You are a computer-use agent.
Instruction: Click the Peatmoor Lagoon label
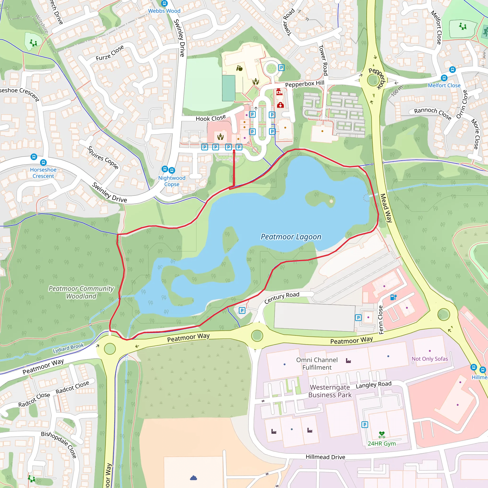(x=291, y=237)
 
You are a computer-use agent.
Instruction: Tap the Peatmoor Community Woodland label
(x=81, y=292)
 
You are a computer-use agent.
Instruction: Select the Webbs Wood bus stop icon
(x=164, y=3)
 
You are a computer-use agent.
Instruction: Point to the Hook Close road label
(x=211, y=118)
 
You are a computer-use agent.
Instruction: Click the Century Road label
(x=282, y=298)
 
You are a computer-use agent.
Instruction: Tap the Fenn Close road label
(x=381, y=320)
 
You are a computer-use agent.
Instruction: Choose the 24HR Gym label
(x=381, y=443)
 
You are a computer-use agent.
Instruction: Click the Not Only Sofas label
(x=430, y=359)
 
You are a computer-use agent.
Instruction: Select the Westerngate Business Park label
(x=330, y=391)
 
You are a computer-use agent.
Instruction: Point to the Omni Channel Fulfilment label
(x=317, y=363)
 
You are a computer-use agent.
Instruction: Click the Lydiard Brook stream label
(x=68, y=348)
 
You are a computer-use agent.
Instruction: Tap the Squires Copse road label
(x=102, y=157)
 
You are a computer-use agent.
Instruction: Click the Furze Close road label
(x=110, y=53)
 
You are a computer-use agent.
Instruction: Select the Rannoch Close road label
(x=433, y=114)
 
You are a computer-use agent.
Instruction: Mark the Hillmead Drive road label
(x=325, y=457)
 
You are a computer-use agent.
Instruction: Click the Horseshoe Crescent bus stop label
(x=43, y=173)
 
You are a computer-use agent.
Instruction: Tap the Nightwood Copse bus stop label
(x=172, y=181)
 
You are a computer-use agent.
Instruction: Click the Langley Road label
(x=374, y=385)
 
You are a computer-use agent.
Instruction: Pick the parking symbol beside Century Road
(x=242, y=310)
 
